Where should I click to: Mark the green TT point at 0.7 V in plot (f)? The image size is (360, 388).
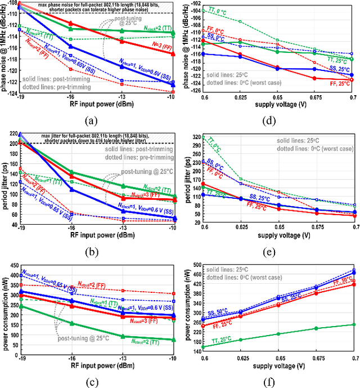[x=353, y=324]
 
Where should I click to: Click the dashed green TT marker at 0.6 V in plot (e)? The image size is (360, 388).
[x=204, y=137]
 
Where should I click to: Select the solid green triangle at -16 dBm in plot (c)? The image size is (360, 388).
[x=71, y=323]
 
